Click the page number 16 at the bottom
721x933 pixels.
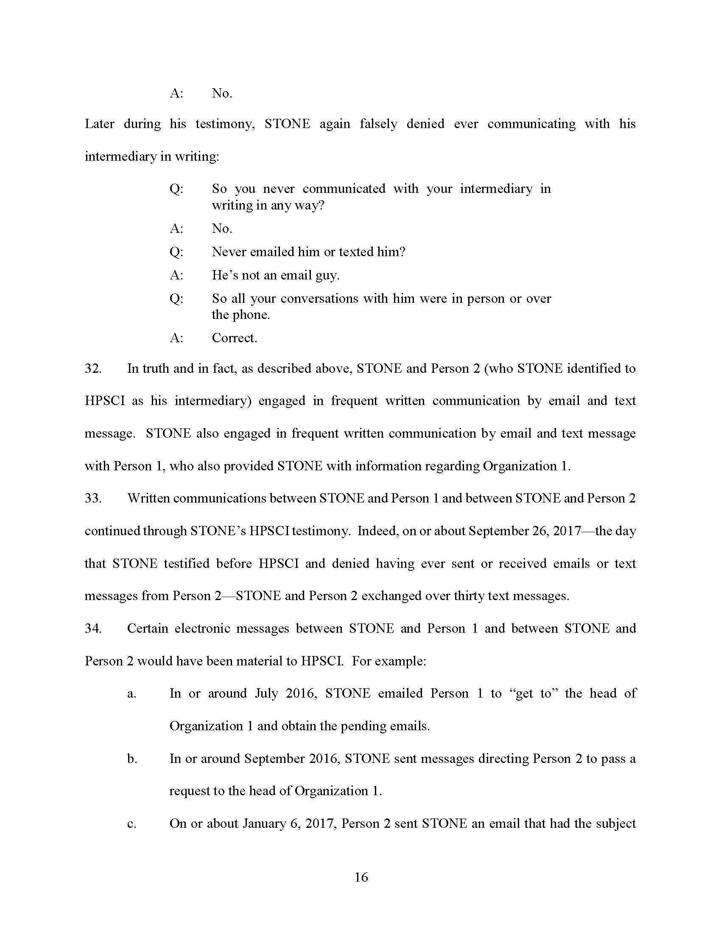coord(361,877)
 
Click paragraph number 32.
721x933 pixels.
coord(93,368)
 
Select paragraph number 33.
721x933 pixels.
coord(93,498)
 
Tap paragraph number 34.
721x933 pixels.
coord(93,628)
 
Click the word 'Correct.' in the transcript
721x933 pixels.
coord(235,338)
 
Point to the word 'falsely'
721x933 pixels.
coord(378,124)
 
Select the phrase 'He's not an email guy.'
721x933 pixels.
coord(276,275)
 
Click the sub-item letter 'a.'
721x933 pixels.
coord(132,693)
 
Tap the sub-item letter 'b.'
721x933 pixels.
coord(132,758)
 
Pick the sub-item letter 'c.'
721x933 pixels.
coord(132,823)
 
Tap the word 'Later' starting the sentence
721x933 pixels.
coord(100,124)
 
